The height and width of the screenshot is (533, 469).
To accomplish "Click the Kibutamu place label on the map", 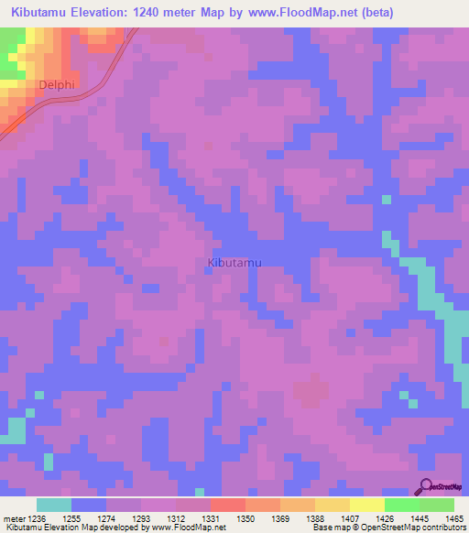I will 234,263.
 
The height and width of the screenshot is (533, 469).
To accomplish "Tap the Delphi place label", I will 56,85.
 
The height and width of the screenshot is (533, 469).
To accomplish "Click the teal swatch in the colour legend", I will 54,505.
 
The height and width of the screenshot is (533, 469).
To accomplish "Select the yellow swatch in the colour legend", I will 332,505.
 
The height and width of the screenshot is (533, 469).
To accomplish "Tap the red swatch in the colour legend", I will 227,505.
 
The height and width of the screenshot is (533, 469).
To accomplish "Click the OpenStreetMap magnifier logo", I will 425,486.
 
